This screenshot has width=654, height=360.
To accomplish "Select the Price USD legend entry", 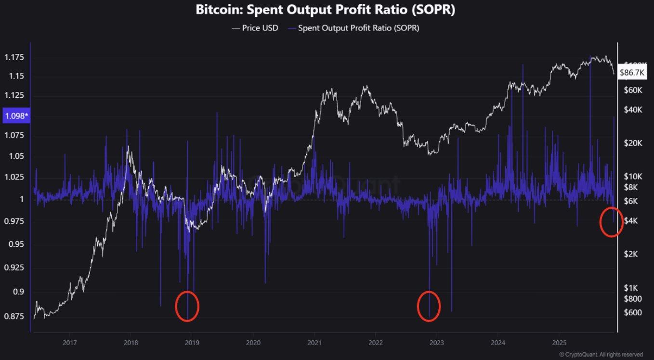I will coord(255,28).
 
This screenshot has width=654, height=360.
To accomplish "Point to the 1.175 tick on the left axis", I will coord(14,58).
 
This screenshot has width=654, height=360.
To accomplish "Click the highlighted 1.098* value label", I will coord(16,116).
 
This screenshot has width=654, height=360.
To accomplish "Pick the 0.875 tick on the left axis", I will coord(14,316).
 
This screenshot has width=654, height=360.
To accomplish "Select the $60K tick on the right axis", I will coord(634,90).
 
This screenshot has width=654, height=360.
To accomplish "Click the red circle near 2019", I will coord(187,306).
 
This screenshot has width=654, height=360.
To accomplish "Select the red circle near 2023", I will coord(428,306).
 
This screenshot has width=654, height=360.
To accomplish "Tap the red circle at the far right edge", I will coord(611,222).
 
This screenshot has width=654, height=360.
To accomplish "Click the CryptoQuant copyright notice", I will coord(601,354).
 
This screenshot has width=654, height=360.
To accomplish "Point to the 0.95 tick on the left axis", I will coord(14,244).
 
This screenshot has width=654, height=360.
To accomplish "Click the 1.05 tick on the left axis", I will coord(14,156).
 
